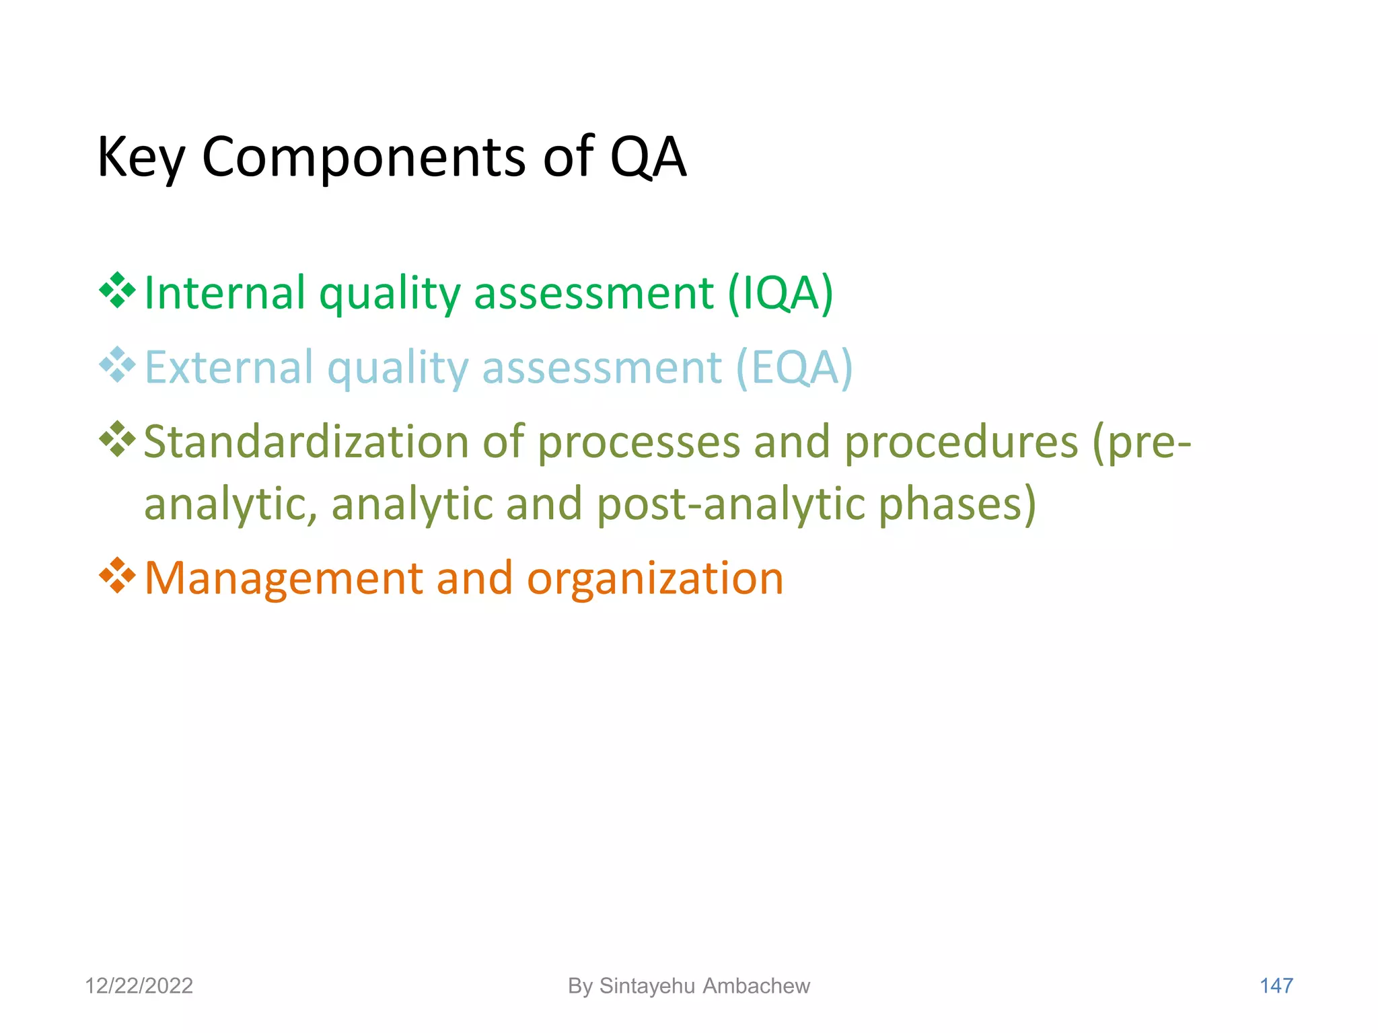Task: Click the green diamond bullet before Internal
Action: pyautogui.click(x=117, y=291)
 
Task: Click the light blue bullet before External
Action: pyautogui.click(x=117, y=365)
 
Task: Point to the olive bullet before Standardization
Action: pyautogui.click(x=117, y=440)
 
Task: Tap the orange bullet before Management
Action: pyautogui.click(x=117, y=576)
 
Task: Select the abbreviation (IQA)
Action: pyautogui.click(x=781, y=293)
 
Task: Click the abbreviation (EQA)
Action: pyautogui.click(x=794, y=368)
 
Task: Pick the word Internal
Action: pyautogui.click(x=225, y=293)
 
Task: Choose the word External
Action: pyautogui.click(x=229, y=368)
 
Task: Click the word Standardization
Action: pyautogui.click(x=306, y=443)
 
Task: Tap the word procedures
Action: pyautogui.click(x=961, y=443)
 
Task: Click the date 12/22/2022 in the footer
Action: pyautogui.click(x=139, y=986)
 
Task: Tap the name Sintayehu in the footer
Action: pyautogui.click(x=647, y=986)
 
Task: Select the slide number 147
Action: pyautogui.click(x=1276, y=986)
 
